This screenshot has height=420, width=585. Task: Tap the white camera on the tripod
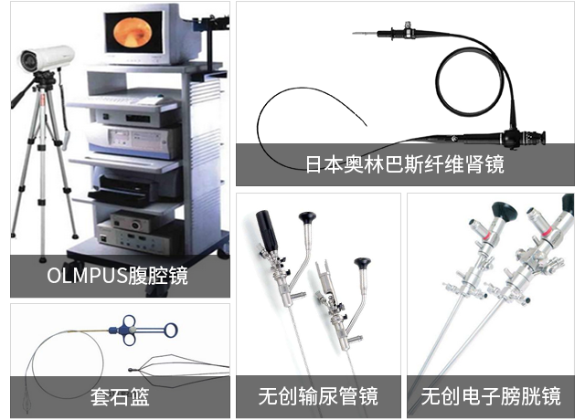(47, 58)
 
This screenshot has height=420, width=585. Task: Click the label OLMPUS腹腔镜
(117, 276)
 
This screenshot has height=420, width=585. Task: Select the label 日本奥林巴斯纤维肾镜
(405, 164)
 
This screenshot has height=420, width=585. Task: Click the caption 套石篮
(120, 396)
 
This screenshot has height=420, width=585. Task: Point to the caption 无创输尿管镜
(318, 395)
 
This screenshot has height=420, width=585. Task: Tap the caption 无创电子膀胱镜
(491, 395)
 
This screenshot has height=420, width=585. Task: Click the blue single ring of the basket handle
(171, 331)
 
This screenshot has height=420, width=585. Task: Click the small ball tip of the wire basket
(130, 370)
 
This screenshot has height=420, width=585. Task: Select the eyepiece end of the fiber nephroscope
(537, 138)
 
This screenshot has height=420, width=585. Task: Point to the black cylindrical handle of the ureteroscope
(267, 229)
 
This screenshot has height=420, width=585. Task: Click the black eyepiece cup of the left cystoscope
(505, 212)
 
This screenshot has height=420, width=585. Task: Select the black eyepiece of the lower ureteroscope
(362, 263)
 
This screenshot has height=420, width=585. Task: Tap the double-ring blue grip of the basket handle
(129, 331)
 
